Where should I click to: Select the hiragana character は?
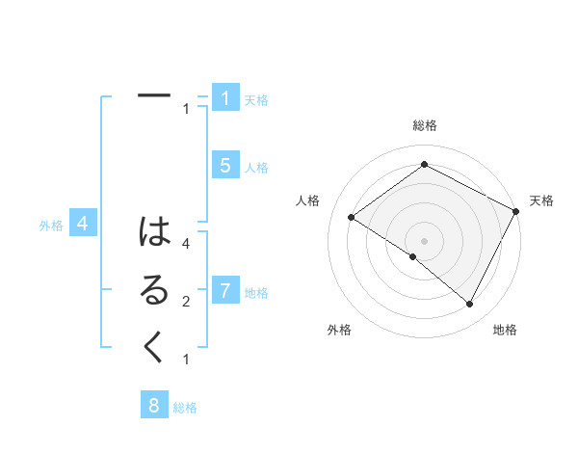coord(154,232)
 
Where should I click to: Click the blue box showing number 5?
coord(224,166)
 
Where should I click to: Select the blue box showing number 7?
coord(224,290)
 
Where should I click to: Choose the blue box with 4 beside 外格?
coord(83,225)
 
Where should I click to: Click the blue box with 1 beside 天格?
coord(224,98)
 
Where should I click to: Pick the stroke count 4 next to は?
coord(185,245)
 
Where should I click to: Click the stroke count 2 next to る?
coord(185,303)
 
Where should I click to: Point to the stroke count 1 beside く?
coord(185,360)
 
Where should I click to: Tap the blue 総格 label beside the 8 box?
coord(185,408)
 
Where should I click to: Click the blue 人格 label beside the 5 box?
coord(256,169)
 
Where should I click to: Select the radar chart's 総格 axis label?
coord(424,125)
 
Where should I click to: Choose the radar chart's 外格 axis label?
coord(339,330)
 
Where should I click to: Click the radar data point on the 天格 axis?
coord(516,211)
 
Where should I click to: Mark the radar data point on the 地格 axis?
coord(470,305)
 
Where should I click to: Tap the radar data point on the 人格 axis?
coord(351,217)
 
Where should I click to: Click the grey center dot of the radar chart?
coord(424,240)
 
